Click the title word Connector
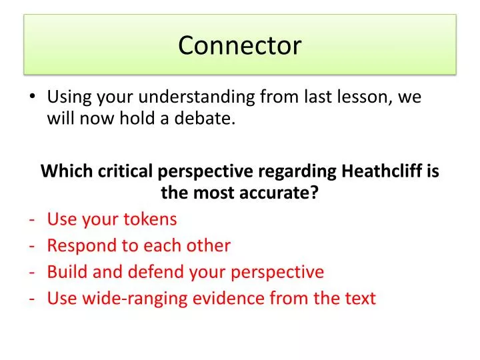tap(240, 45)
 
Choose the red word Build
tap(66, 272)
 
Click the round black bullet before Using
tap(33, 97)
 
